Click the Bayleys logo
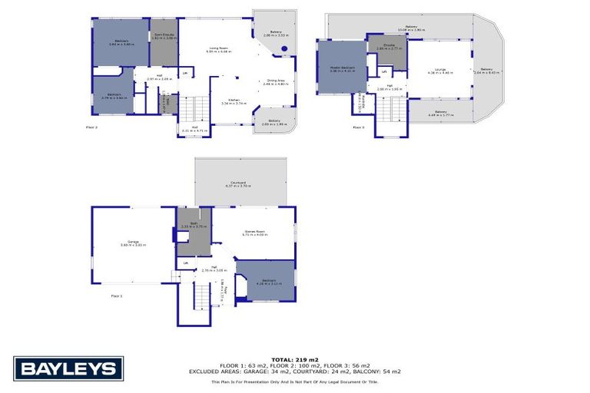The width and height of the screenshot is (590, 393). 68,369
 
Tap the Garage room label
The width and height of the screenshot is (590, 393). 133,243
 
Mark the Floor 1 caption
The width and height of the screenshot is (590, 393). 117,296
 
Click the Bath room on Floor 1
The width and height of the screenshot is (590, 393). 194,230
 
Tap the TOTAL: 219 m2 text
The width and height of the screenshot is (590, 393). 294,359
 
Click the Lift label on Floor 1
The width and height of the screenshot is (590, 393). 185,263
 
